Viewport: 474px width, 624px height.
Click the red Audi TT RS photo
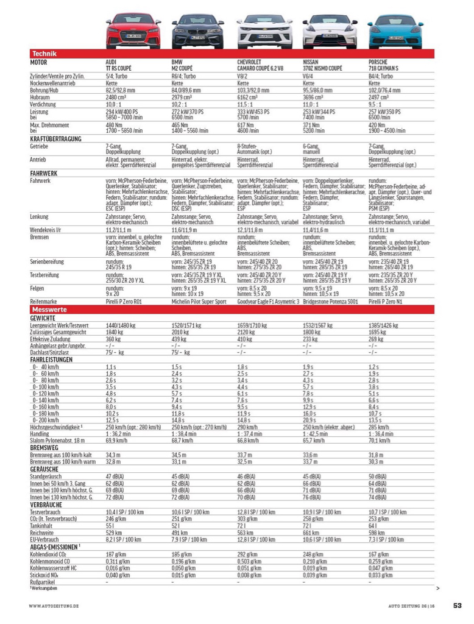coord(133,31)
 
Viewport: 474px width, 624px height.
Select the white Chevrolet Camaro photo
coord(264,31)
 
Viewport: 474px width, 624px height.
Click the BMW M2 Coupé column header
coord(182,66)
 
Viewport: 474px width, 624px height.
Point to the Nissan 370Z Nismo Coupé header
coord(322,66)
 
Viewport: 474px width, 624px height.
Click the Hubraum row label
coord(40,97)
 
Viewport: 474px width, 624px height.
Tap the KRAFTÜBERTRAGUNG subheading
coord(56,140)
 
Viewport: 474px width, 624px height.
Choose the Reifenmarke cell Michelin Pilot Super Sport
coord(199,302)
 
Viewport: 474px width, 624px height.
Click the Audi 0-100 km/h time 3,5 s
coord(111,387)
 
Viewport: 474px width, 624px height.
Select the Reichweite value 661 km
coord(312,532)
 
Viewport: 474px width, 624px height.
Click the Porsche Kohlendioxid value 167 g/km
coord(379,554)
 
